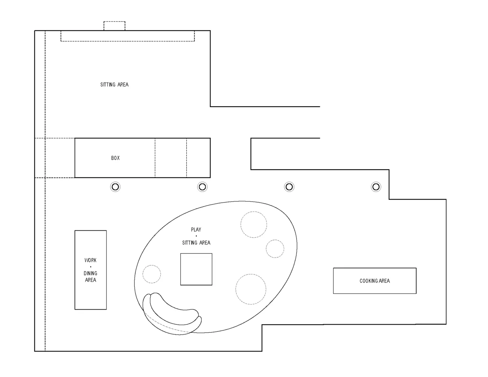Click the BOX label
click(115, 158)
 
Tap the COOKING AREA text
click(374, 281)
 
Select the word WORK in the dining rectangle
click(91, 260)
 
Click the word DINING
click(91, 273)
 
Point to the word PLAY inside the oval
click(196, 230)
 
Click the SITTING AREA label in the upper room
click(114, 84)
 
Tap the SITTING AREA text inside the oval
click(196, 242)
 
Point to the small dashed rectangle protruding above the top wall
click(114, 21)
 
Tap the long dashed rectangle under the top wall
click(127, 41)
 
